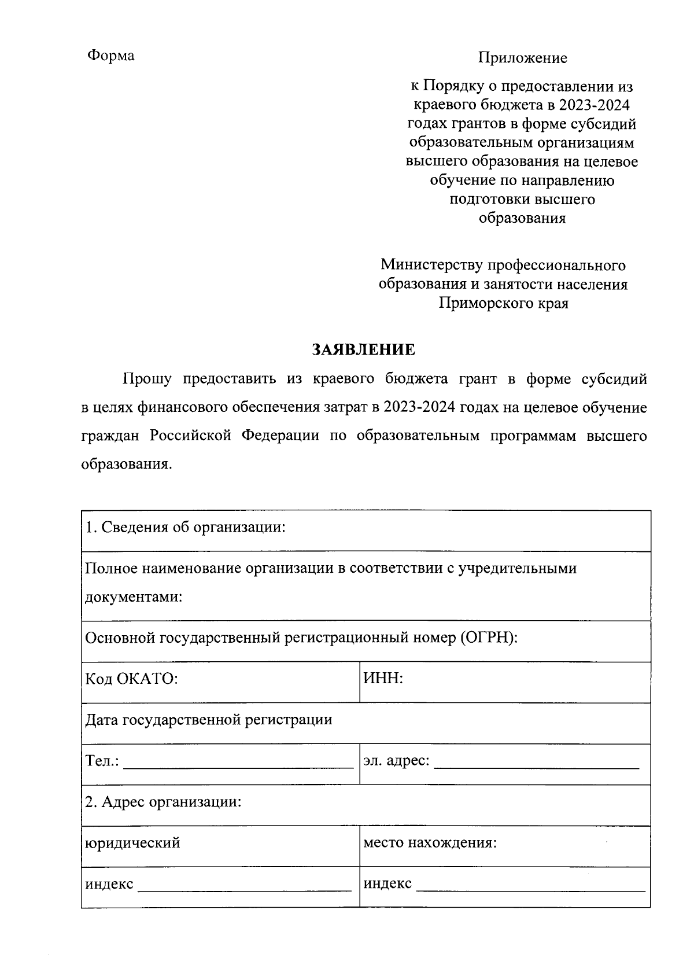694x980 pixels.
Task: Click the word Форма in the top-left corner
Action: tap(110, 56)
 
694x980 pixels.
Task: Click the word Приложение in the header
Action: tap(522, 58)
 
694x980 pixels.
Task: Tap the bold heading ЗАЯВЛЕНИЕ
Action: tap(364, 349)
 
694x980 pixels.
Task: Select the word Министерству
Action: tap(431, 266)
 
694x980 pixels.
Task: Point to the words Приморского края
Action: tap(503, 303)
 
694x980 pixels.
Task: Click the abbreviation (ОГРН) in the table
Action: tap(488, 638)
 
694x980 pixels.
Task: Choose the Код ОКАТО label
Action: tap(131, 679)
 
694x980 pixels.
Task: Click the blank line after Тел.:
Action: tap(238, 766)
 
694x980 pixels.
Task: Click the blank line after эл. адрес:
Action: tap(536, 766)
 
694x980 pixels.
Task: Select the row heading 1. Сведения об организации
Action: tap(186, 528)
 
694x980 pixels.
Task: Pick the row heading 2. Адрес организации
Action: tap(163, 802)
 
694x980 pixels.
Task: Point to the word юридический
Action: tap(132, 843)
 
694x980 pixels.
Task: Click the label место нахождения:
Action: tap(430, 843)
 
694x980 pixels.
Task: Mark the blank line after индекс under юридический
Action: tap(244, 889)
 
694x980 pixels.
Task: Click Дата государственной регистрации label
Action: tap(209, 720)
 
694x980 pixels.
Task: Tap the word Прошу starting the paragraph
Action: tap(147, 380)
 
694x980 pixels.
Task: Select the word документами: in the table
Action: tap(134, 597)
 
